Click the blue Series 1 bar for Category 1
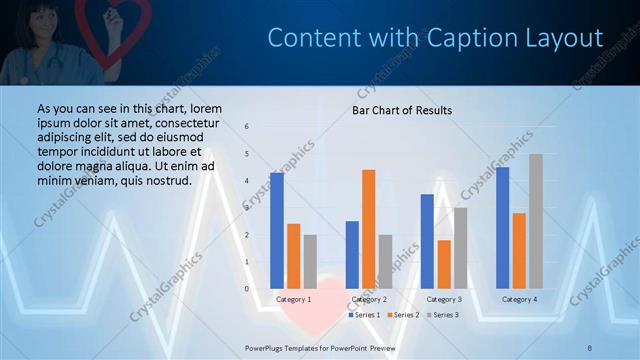pyautogui.click(x=277, y=231)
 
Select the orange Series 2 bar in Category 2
pyautogui.click(x=369, y=229)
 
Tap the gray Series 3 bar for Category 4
pyautogui.click(x=536, y=221)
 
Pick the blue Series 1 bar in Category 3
pyautogui.click(x=427, y=241)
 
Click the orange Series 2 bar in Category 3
pyautogui.click(x=444, y=264)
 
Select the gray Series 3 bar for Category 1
pyautogui.click(x=310, y=262)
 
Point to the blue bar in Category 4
pyautogui.click(x=502, y=228)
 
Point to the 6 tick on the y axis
pyautogui.click(x=247, y=127)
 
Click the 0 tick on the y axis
pyautogui.click(x=247, y=289)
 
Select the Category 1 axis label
pyautogui.click(x=293, y=299)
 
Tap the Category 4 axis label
pyautogui.click(x=519, y=299)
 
